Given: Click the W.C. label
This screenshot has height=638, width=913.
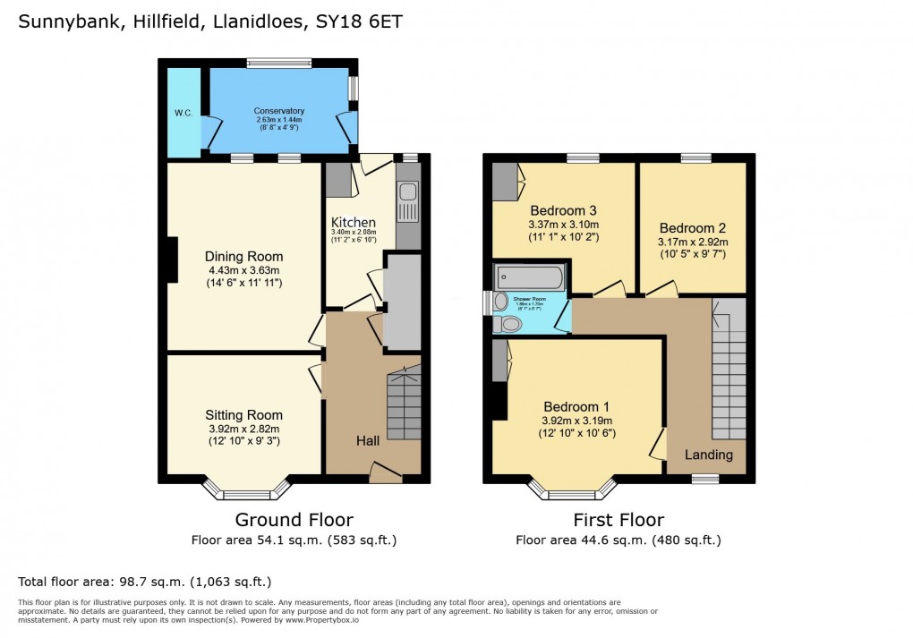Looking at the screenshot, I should [183, 113].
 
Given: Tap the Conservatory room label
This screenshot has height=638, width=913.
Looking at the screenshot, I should [279, 111].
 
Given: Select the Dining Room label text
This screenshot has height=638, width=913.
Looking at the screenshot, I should [244, 257].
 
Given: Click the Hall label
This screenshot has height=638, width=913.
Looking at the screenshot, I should [368, 441].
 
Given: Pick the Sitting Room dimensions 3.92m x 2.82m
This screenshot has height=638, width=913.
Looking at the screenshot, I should [243, 430].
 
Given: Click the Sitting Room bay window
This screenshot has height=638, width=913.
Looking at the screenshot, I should [247, 490].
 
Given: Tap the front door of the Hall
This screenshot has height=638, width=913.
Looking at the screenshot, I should [386, 472].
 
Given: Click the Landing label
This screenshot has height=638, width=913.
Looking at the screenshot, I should [709, 455].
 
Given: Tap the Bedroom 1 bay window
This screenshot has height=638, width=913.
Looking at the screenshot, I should [572, 490].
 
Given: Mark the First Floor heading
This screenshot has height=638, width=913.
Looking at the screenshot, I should [619, 520].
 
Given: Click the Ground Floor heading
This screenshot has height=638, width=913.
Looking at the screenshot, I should [294, 520].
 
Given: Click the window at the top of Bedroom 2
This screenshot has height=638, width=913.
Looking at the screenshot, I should [696, 158].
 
